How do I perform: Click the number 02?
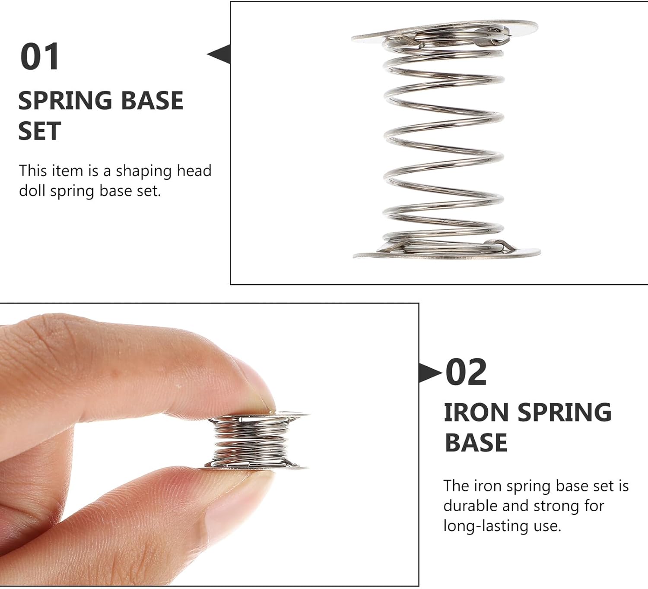[x=466, y=372]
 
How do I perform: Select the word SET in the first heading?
[x=39, y=131]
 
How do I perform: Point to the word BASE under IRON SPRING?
[x=476, y=442]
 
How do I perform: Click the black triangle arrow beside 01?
[x=219, y=54]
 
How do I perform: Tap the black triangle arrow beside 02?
[x=430, y=373]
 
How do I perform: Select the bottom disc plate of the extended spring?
[x=447, y=253]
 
